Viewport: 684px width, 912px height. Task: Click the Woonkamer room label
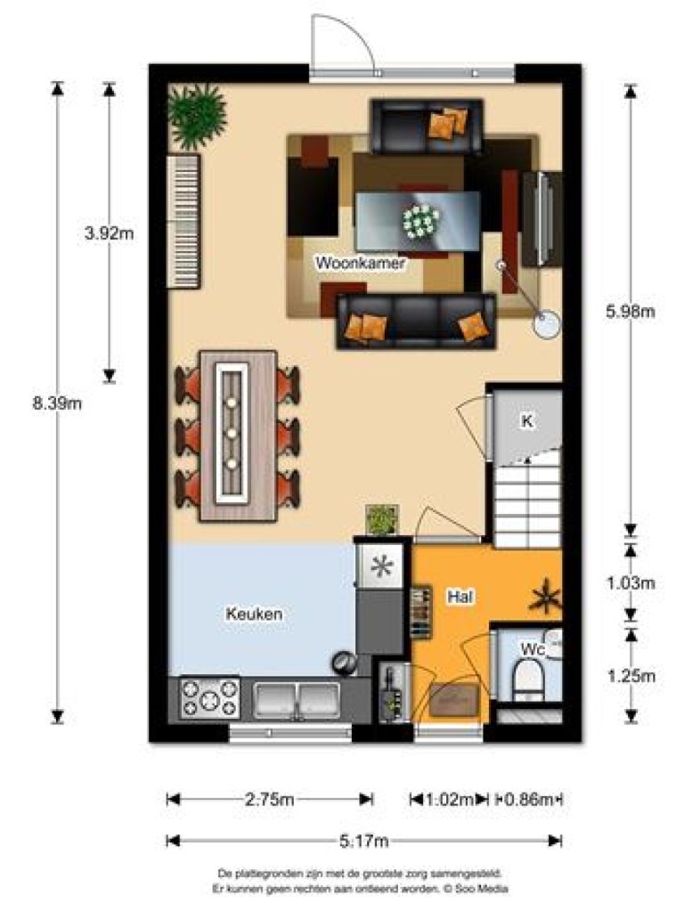pos(361,264)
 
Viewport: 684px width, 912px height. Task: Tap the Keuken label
pos(254,614)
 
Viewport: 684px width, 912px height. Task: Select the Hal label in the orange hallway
pos(459,598)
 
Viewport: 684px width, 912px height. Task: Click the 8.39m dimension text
pos(57,403)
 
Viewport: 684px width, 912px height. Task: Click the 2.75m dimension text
pos(269,800)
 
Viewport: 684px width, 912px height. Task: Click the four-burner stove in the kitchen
pos(210,698)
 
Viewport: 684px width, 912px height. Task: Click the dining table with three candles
pos(238,435)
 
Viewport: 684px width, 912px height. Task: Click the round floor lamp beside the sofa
pos(546,322)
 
